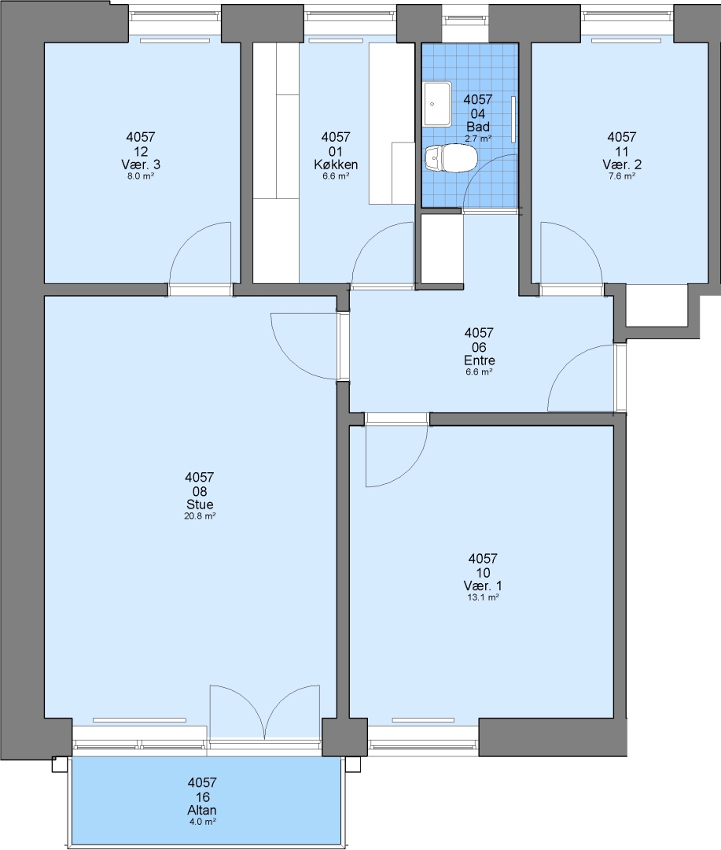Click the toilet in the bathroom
(451, 159)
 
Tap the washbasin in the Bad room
(438, 104)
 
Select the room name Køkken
(336, 164)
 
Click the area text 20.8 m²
(200, 516)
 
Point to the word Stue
(200, 504)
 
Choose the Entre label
(480, 360)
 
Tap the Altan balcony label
(202, 810)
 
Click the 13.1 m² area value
(484, 597)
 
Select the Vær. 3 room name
(141, 164)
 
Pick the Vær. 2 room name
(622, 164)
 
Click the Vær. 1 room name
(483, 586)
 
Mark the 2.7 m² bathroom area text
(478, 139)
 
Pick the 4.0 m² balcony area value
(202, 822)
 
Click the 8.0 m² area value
(141, 176)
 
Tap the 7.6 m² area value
(622, 176)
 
